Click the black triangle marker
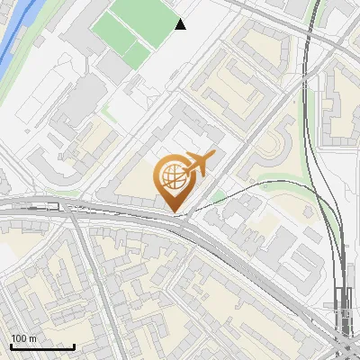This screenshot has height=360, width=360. pos(181,24)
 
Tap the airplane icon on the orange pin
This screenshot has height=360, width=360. pos(200,162)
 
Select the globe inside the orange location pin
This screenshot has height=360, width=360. pos(173,175)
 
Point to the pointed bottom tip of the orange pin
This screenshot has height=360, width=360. pos(174,211)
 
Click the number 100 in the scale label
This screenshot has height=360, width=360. pos(19,337)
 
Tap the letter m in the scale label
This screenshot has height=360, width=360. pos(32,337)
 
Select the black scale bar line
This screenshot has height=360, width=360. pos(41,346)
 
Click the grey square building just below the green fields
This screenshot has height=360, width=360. pos(114,64)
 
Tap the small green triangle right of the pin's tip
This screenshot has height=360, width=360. pos(219,197)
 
